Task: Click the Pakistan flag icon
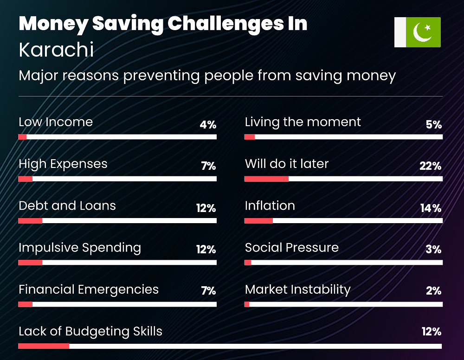417,32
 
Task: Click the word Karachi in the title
56,49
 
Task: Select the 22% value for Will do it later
430,166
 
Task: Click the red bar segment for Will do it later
266,179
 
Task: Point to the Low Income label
56,122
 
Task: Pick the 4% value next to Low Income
208,124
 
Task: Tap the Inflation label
270,206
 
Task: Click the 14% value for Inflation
431,208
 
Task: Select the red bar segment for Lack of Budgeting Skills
44,346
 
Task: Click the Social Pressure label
292,247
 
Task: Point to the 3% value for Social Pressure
433,250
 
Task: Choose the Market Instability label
298,289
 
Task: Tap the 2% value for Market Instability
433,291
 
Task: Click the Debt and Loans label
67,206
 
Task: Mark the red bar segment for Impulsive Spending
30,263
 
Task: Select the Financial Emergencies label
89,289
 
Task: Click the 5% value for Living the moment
433,124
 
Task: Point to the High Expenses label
63,164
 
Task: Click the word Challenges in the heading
226,24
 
